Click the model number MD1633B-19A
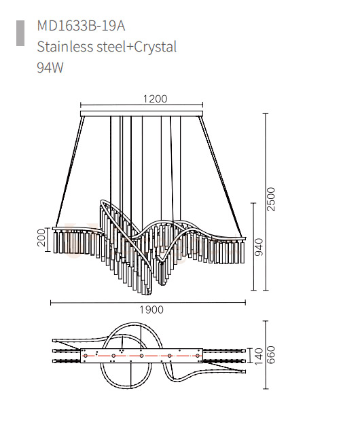tap(81, 26)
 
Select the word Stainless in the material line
tap(65, 47)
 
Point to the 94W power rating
tap(50, 67)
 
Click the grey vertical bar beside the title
tap(20, 33)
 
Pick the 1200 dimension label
tap(155, 99)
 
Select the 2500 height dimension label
tap(271, 199)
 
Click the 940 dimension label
tap(259, 247)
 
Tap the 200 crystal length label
tap(41, 238)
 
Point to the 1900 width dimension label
tap(151, 310)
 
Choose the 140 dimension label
tap(258, 356)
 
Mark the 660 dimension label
tap(271, 355)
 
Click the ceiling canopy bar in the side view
tap(142, 113)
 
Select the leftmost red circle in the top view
tap(86, 356)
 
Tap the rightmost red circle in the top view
tap(198, 356)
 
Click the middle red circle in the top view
tap(141, 356)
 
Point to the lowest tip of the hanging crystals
tap(149, 295)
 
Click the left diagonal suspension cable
tap(69, 172)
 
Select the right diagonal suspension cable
tap(221, 177)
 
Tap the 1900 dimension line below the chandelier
tap(148, 302)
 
